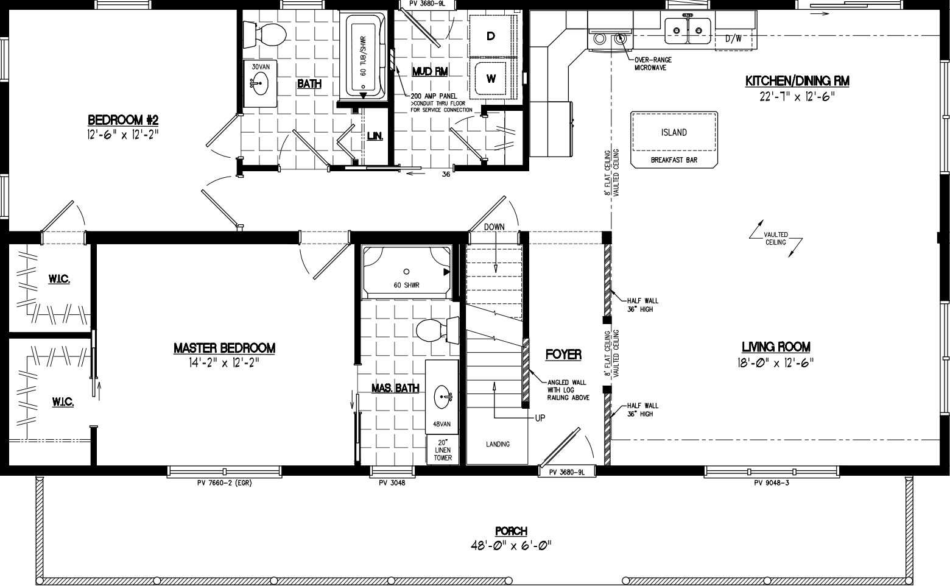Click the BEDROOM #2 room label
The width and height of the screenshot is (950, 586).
(x=123, y=119)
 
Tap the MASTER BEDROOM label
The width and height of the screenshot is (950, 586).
(x=224, y=348)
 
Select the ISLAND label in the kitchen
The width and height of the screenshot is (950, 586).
(x=674, y=133)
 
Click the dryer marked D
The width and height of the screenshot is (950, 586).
(x=491, y=36)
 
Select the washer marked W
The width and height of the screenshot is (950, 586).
(x=491, y=78)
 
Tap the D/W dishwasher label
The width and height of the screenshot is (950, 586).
(x=733, y=38)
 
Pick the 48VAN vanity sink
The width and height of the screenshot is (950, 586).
(x=442, y=399)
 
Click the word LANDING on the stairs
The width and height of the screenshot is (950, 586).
(x=498, y=444)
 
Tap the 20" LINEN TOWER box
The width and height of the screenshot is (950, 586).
(x=443, y=450)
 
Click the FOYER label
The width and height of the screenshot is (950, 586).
(x=563, y=355)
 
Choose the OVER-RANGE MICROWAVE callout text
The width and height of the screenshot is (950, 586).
(x=650, y=64)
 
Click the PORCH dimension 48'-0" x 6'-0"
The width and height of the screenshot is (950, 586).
(x=511, y=545)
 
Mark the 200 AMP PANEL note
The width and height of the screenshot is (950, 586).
(x=434, y=96)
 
